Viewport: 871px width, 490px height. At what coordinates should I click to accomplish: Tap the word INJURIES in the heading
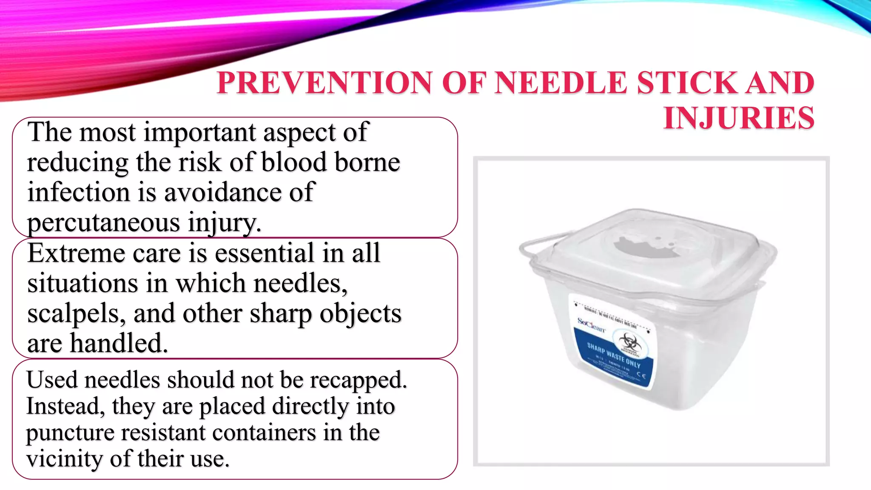739,118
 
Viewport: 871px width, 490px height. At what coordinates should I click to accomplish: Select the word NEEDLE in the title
561,83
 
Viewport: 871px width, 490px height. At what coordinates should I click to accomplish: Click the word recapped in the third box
358,380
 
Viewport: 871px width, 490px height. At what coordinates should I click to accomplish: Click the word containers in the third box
264,433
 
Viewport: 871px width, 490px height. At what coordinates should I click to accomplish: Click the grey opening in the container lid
647,247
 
